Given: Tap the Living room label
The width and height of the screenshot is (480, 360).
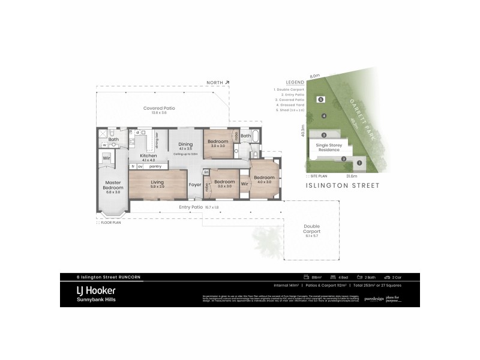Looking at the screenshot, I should click(x=157, y=184).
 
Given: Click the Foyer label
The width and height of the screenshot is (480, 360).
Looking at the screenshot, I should click(x=195, y=185).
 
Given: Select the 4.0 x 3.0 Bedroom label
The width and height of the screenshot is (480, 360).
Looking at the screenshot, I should click(x=264, y=179).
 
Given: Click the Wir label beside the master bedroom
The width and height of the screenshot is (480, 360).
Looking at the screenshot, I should click(x=106, y=158).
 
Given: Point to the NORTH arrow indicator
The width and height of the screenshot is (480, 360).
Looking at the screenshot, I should click(x=218, y=83).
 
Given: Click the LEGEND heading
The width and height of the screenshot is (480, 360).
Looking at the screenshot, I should click(x=295, y=82).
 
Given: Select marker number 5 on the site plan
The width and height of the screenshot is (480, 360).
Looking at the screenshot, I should click(x=320, y=100).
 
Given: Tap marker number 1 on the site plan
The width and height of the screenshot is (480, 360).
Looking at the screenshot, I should click(x=359, y=162).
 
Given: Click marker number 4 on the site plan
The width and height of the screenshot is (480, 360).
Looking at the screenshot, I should click(x=323, y=116).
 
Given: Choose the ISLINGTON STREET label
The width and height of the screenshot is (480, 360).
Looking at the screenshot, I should click(x=344, y=186).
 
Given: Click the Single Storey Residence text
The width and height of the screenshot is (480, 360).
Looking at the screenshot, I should click(x=325, y=148).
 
